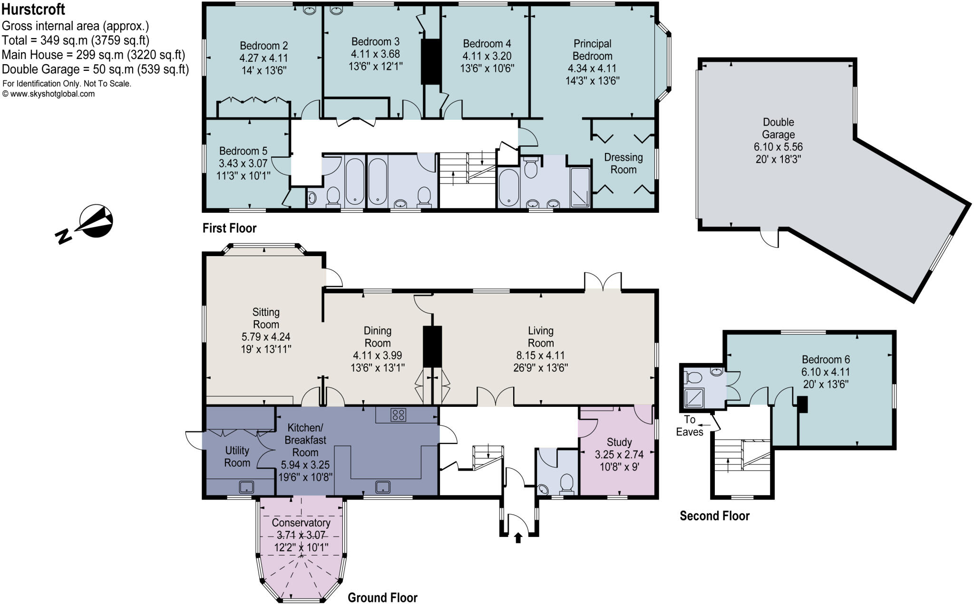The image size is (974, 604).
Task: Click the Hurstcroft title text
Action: coord(33,9)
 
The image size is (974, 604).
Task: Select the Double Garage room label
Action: coord(778,128)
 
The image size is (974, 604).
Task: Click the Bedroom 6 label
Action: coord(826,359)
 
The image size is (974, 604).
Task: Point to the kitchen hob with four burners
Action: coord(398,415)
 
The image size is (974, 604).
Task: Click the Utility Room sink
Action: coord(246,487)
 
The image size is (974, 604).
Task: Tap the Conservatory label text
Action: coord(301,523)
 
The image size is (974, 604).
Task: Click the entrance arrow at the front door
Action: coord(518,538)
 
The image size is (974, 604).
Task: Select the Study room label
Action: coord(619,442)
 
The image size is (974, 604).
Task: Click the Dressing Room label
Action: coord(623,163)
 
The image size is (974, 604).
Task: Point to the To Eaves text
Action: coord(690,426)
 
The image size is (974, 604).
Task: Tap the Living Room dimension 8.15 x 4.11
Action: coord(541,355)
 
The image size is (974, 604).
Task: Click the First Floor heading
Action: coord(229,229)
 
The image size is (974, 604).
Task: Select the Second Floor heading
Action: coord(714,516)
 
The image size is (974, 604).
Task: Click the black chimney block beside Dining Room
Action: coord(432,345)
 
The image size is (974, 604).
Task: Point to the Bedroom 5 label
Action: coord(243,151)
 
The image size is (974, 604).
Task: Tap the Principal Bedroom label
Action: coord(592,49)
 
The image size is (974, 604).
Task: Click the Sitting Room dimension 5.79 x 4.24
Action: coord(266,337)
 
